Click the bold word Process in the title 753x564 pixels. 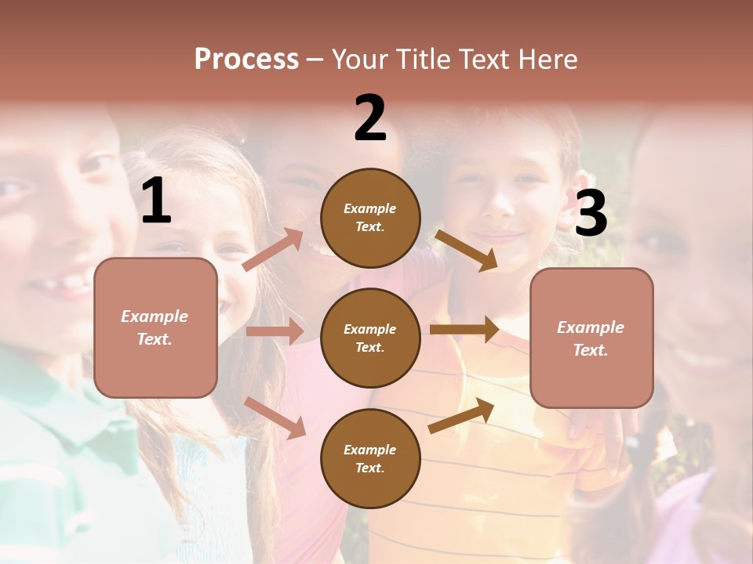(246, 59)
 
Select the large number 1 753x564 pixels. (156, 201)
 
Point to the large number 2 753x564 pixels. (370, 118)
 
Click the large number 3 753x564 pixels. (591, 214)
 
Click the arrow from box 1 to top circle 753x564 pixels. (273, 250)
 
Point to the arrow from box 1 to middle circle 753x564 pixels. (275, 331)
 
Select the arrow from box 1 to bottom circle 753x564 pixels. (275, 417)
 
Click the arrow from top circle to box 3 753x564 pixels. (466, 250)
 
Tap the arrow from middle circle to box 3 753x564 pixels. (464, 329)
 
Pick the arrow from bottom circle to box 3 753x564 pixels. (462, 415)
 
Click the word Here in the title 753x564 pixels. (548, 59)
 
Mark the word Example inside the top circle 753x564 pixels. (370, 208)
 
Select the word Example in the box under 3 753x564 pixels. (591, 327)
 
